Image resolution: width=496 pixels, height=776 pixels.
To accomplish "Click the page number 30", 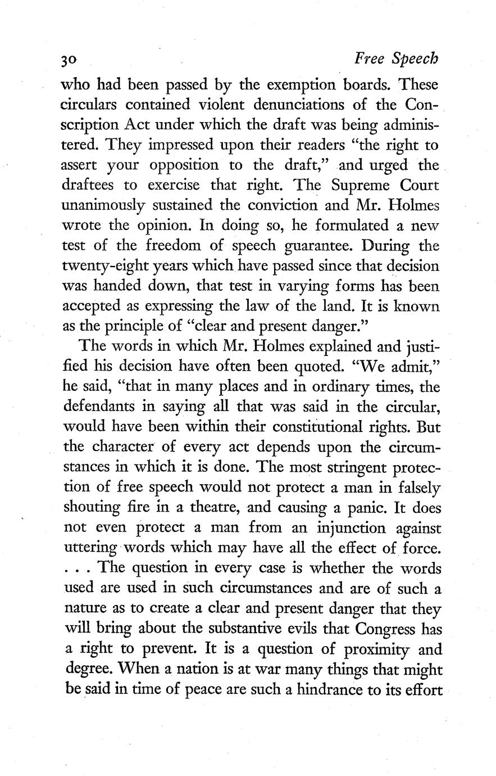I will coord(72,60).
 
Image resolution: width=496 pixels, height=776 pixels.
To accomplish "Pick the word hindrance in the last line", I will coord(324,688).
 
